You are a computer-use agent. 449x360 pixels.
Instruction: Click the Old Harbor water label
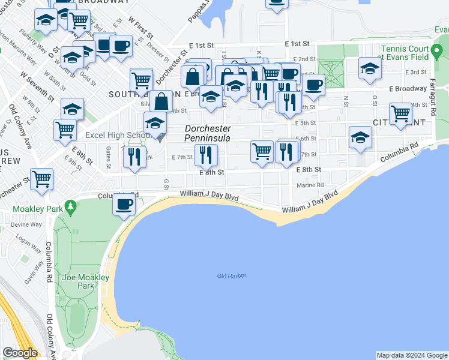click(x=232, y=276)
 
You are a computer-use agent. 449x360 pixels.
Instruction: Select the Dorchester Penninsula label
click(x=208, y=133)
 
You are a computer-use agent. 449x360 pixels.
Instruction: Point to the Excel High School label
click(x=118, y=136)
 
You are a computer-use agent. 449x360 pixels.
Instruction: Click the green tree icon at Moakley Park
click(x=71, y=208)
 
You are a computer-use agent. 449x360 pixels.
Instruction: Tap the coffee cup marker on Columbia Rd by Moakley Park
click(x=124, y=204)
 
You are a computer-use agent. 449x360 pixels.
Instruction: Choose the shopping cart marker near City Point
click(x=400, y=113)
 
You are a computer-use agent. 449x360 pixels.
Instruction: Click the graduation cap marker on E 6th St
click(x=360, y=139)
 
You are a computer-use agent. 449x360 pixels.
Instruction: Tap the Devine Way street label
click(x=25, y=224)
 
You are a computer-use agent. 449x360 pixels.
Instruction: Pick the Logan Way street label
click(x=28, y=242)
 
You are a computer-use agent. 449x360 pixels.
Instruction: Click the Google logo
click(x=20, y=353)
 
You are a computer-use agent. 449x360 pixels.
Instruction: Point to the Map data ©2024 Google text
click(x=412, y=355)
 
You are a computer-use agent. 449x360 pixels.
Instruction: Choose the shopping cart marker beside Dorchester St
click(x=42, y=178)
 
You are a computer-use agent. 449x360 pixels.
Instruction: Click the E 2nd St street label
click(x=306, y=59)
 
